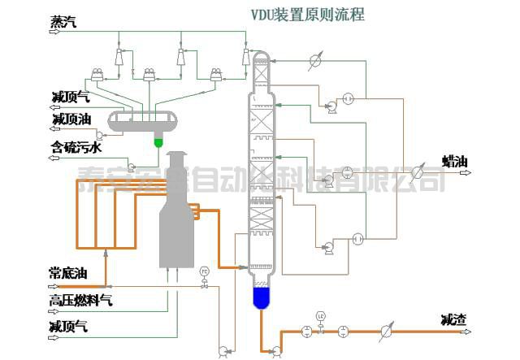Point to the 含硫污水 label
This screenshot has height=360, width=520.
coord(76,148)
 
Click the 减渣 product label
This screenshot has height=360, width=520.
coord(453,319)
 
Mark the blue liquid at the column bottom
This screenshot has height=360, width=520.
coord(261,298)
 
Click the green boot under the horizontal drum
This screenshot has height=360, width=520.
coord(158,141)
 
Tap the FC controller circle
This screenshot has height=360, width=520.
coord(204,271)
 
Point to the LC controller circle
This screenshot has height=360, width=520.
coord(321,315)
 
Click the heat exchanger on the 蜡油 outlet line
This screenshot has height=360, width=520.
coord(418,171)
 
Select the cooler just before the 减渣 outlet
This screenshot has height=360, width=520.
coord(387,332)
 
